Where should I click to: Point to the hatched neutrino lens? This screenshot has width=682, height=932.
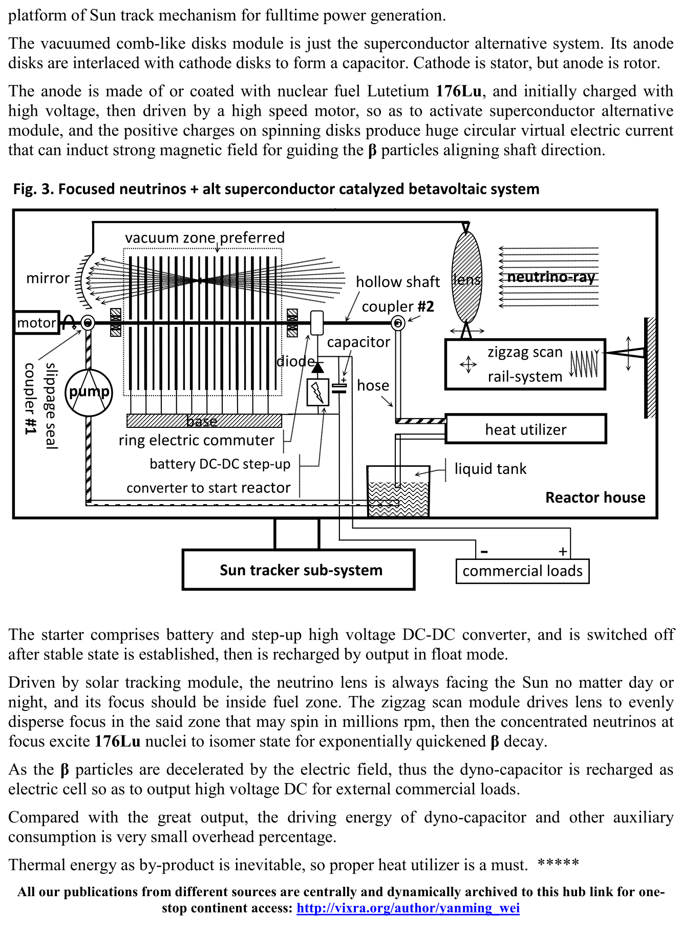coord(466,277)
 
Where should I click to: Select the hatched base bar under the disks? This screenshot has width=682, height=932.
coord(204,421)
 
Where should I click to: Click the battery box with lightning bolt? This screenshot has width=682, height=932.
coord(317,393)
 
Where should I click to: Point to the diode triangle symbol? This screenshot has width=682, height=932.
coord(318,367)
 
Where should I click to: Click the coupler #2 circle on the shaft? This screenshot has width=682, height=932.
coord(398,323)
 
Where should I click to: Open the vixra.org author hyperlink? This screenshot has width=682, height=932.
coord(408,908)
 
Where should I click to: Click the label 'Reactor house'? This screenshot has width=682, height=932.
coord(595,497)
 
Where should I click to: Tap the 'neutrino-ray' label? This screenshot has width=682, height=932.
coord(551,277)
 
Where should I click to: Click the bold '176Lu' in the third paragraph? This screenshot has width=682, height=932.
coord(459,91)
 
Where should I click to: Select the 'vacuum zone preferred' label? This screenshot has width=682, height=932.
coord(205,237)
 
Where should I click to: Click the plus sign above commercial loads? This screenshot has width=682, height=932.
coord(563,551)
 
